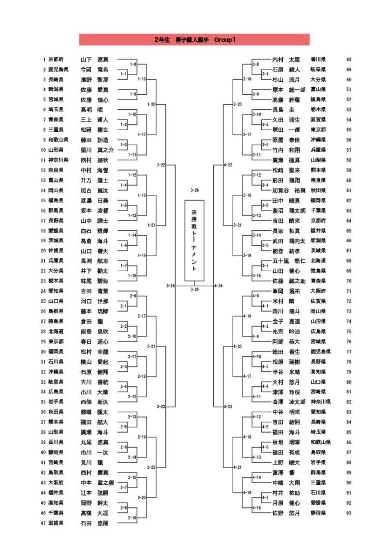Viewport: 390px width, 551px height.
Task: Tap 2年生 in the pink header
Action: (162, 40)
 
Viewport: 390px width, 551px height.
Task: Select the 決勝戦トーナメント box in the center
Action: (194, 241)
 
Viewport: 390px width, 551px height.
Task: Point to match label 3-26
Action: (194, 190)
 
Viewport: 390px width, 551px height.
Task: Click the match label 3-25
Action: (194, 289)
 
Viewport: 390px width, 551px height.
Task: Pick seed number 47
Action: (44, 522)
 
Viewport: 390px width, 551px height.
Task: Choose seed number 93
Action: (349, 513)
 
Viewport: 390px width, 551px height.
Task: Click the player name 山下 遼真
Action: (94, 59)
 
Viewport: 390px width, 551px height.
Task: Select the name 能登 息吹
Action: (94, 331)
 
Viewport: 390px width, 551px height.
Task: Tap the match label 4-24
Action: (219, 286)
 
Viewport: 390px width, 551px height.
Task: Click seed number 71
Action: (349, 291)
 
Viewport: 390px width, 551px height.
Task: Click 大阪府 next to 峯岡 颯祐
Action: (319, 291)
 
